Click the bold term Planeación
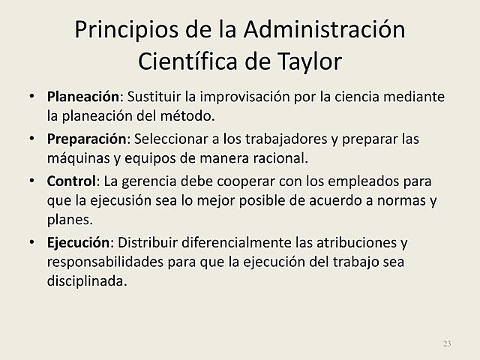point(83,97)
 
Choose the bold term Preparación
point(85,140)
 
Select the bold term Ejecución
point(79,244)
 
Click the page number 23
point(447,343)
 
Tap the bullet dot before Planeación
point(31,97)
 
